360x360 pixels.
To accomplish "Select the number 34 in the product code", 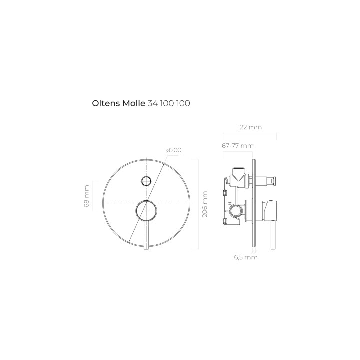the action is pos(152,103).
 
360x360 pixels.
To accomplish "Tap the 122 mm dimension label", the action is pos(250,127).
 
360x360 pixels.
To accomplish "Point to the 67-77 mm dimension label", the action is pos(238,146).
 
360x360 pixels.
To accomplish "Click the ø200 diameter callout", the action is pos(174,150).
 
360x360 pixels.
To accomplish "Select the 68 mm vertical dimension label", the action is pos(87,196).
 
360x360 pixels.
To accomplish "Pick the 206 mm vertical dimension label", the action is pos(205,204).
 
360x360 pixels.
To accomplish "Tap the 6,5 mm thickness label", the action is pos(246,257).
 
